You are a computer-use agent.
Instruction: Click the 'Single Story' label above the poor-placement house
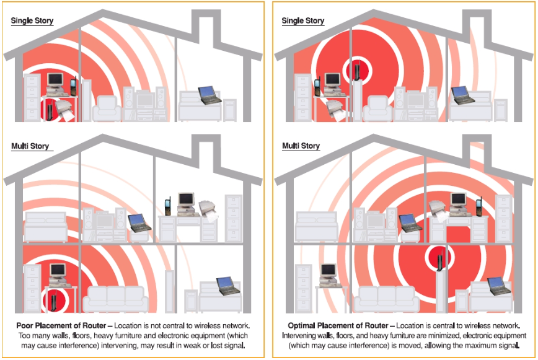click(x=32, y=20)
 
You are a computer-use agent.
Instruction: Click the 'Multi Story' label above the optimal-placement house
click(x=301, y=146)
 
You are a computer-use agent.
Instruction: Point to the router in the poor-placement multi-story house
click(x=54, y=299)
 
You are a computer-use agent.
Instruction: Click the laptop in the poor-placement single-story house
click(x=209, y=95)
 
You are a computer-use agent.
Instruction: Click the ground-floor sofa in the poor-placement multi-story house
click(x=116, y=299)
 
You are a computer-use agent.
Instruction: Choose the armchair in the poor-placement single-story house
click(x=107, y=109)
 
